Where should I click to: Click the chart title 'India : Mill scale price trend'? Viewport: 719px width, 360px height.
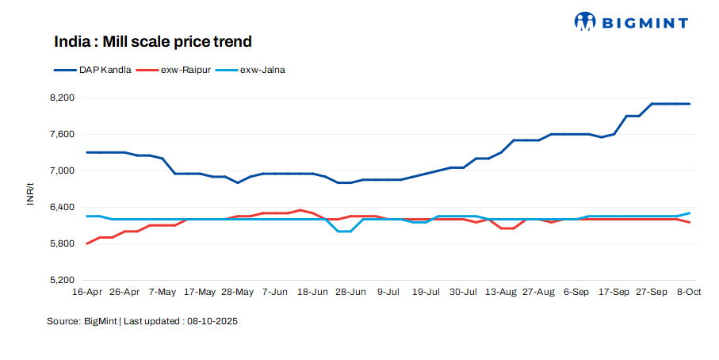point(153,40)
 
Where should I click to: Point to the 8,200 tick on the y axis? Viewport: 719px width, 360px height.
point(61,98)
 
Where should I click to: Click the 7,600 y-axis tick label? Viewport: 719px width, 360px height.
point(61,134)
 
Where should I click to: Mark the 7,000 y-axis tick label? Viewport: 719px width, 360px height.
point(61,170)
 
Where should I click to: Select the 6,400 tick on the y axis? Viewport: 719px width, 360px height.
point(61,207)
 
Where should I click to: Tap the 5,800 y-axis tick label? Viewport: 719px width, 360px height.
point(61,243)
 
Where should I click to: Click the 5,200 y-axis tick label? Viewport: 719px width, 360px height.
point(61,280)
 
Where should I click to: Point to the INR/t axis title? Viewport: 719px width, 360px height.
point(30,194)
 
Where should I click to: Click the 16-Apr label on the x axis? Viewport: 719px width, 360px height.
point(86,293)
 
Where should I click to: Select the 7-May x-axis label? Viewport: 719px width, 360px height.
point(163,293)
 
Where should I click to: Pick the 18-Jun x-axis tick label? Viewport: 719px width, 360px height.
point(312,293)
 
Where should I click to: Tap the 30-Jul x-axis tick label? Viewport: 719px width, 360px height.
point(463,293)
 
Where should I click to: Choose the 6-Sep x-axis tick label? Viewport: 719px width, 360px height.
point(576,293)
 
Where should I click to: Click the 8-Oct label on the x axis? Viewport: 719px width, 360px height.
point(689,293)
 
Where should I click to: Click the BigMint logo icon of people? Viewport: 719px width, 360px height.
point(585,21)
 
